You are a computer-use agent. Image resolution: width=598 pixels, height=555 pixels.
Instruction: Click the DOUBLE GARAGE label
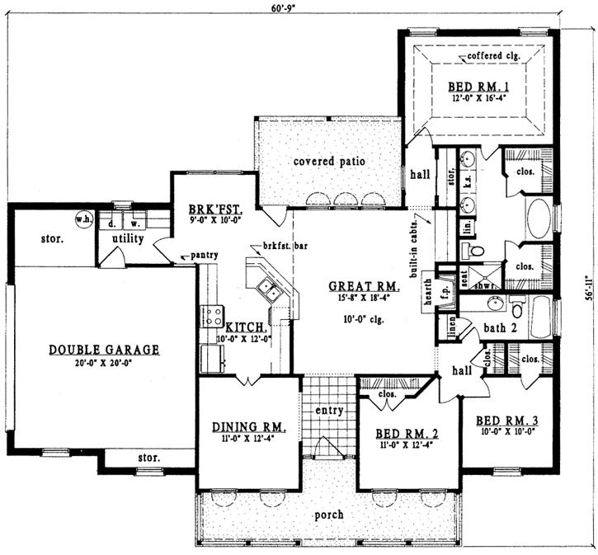pyautogui.click(x=103, y=349)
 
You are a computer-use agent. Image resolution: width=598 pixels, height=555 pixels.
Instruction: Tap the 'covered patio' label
pyautogui.click(x=329, y=161)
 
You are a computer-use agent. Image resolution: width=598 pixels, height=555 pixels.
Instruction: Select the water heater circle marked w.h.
pyautogui.click(x=82, y=220)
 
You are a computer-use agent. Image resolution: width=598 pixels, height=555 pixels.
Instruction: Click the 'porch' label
pyautogui.click(x=329, y=515)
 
